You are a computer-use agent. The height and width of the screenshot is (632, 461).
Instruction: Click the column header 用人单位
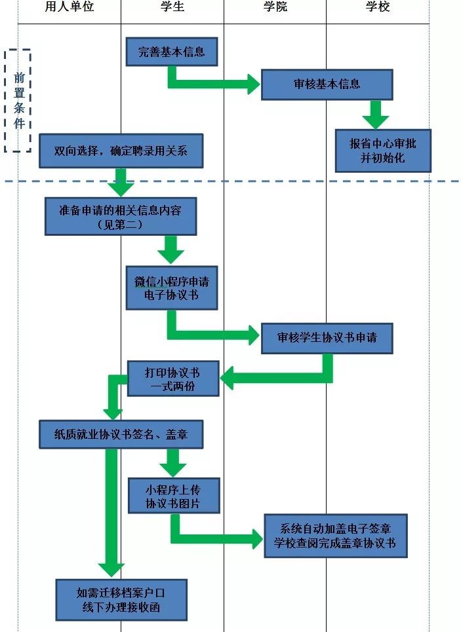pyautogui.click(x=69, y=7)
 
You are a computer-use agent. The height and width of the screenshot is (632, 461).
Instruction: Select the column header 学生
pyautogui.click(x=172, y=7)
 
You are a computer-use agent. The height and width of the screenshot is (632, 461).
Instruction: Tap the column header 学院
pyautogui.click(x=275, y=7)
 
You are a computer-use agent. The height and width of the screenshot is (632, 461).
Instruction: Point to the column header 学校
pyautogui.click(x=378, y=7)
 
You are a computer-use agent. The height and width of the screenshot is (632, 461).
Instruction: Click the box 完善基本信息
pyautogui.click(x=171, y=52)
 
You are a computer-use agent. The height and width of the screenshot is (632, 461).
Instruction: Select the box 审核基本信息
pyautogui.click(x=327, y=84)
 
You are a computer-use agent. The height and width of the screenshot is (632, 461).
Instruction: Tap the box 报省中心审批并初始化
pyautogui.click(x=383, y=151)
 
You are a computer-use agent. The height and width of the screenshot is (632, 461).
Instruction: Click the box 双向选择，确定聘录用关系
pyautogui.click(x=121, y=151)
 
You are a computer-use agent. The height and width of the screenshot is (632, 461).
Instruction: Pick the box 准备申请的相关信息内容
pyautogui.click(x=121, y=216)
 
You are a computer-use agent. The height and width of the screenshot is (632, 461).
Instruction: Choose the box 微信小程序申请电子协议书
pyautogui.click(x=171, y=288)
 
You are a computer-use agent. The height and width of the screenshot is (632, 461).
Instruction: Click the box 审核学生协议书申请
pyautogui.click(x=327, y=339)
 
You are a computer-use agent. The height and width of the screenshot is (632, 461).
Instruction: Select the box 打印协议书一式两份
pyautogui.click(x=172, y=379)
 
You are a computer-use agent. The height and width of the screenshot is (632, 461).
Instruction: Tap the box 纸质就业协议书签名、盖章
pyautogui.click(x=121, y=434)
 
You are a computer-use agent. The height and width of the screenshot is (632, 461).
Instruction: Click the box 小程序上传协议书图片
pyautogui.click(x=173, y=496)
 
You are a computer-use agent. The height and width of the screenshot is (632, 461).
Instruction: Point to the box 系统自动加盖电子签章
pyautogui.click(x=336, y=535)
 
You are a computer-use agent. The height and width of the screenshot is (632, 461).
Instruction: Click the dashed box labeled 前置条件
pyautogui.click(x=18, y=100)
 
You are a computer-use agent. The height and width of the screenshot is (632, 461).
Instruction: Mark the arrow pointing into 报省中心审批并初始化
pyautogui.click(x=376, y=115)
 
